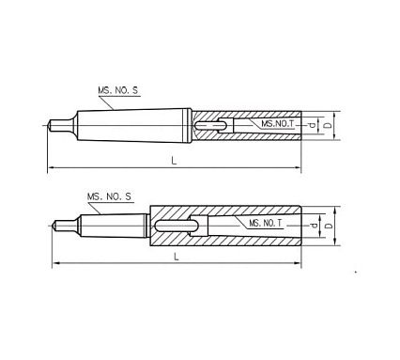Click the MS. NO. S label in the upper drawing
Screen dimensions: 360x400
(x=118, y=90)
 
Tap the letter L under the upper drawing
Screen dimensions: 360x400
(x=173, y=162)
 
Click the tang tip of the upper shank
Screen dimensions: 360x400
(x=53, y=122)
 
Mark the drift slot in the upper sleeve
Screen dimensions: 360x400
(x=209, y=122)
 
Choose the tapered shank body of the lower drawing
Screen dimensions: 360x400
(x=113, y=225)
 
